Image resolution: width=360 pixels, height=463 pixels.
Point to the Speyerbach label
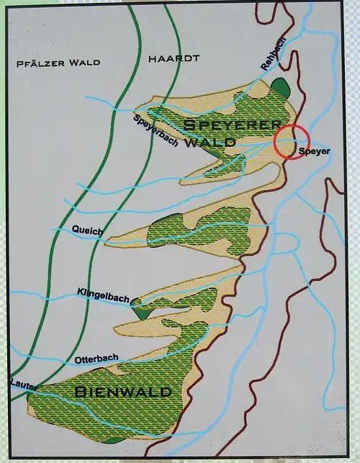[x=156, y=130]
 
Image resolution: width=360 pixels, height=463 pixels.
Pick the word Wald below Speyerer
[x=210, y=142]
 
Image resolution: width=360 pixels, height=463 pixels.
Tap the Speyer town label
[x=314, y=152]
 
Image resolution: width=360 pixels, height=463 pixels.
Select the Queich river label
[x=88, y=231]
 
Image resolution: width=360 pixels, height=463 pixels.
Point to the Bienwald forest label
[x=122, y=392]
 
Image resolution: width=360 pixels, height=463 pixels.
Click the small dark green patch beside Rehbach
[x=279, y=88]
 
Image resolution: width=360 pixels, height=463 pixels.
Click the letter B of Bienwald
[x=80, y=392]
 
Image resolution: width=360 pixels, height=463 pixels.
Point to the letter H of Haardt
[x=150, y=58]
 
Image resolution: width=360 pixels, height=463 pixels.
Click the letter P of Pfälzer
[x=19, y=63]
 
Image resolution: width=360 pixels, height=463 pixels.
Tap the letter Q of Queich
[x=76, y=231]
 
